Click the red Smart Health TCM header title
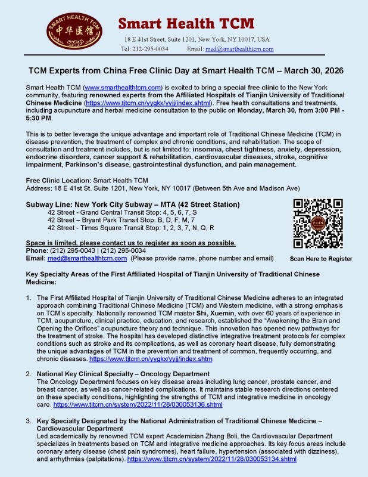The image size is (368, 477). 186,23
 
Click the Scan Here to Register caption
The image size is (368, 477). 321,259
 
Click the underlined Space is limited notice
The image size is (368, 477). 131,243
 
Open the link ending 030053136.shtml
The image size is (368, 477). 138,404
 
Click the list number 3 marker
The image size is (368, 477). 27,421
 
